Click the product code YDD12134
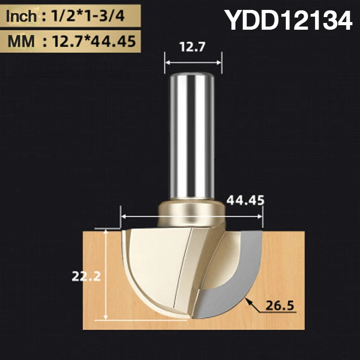[x=288, y=20]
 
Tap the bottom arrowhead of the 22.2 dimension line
[x=105, y=318]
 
